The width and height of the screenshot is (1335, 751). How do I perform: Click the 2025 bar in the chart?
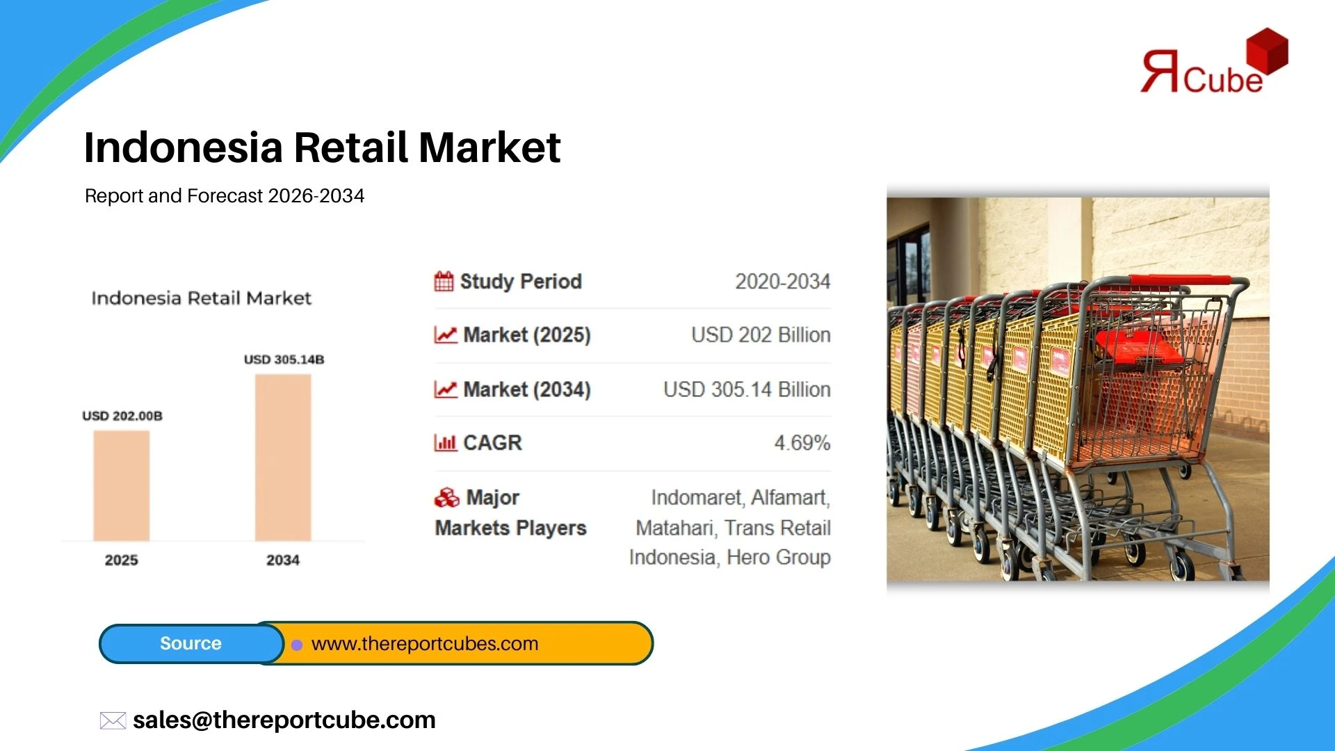(122, 485)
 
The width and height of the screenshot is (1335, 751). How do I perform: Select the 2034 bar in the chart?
(283, 458)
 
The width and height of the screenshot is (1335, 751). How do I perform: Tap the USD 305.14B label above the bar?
(284, 360)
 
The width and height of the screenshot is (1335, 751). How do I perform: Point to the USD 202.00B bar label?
(122, 416)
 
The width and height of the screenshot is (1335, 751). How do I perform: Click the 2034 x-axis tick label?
(283, 560)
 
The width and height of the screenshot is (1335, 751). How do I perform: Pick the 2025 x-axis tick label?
(122, 560)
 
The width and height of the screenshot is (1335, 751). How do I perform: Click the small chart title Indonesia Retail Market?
(202, 298)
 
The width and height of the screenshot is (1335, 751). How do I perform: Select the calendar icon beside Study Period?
(444, 281)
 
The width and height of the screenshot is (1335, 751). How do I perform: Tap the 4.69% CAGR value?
(802, 443)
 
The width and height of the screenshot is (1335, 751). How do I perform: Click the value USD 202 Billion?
(761, 335)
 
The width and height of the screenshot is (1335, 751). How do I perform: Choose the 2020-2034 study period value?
(783, 282)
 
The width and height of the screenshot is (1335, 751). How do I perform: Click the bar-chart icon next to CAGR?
(446, 442)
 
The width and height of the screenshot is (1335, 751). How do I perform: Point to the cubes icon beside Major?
(447, 497)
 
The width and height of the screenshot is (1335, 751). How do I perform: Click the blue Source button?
(191, 643)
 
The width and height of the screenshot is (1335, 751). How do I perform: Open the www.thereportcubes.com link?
(425, 644)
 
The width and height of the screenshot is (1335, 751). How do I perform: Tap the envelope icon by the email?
(113, 720)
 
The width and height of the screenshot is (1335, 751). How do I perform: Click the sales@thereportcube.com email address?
(284, 720)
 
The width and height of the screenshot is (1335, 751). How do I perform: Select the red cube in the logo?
(1267, 51)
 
